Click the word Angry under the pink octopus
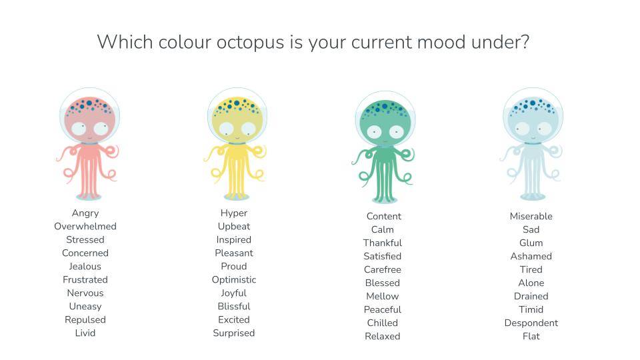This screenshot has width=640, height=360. pos(85,213)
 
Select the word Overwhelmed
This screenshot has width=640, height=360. pos(85,226)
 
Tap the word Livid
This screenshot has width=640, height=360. pos(85,333)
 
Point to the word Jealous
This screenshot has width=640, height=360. pos(85,266)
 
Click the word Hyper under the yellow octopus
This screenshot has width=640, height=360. pos(234,213)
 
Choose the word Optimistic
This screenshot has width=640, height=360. pos(234,279)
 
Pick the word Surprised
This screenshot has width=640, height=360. pos(234,333)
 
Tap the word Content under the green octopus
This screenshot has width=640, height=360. pos(384,216)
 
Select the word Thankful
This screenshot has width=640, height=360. pos(383,243)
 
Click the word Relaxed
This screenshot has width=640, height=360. pos(383,336)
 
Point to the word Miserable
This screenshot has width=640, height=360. pos(531,216)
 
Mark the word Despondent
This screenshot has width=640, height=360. pos(531,323)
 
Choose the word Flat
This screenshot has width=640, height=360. pos(531,336)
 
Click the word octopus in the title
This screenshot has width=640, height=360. pos(250,43)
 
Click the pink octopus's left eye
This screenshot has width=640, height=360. pos(79,129)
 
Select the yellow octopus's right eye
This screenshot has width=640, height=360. pos(248,129)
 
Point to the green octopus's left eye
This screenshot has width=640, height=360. pos(374,132)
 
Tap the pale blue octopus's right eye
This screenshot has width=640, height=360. pos(544,129)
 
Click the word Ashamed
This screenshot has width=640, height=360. pos(531,256)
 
